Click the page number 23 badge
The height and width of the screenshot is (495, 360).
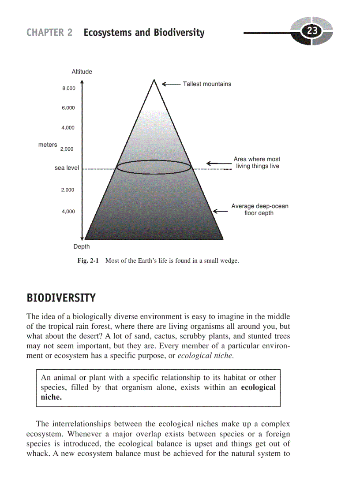pos(312,31)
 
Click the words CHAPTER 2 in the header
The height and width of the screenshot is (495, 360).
pos(49,33)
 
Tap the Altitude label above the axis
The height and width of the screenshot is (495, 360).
pos(82,71)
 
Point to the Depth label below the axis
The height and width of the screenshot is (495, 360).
pos(81,246)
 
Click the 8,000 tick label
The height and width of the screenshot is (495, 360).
pos(68,88)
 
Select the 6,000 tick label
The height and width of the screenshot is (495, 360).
pos(68,108)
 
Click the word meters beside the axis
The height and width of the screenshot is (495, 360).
pos(48,145)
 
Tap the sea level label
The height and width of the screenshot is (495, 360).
pos(67,168)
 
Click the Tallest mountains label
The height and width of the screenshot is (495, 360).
pos(207,84)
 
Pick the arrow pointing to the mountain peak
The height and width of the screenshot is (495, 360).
pos(171,84)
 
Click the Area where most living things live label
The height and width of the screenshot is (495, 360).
pos(257,163)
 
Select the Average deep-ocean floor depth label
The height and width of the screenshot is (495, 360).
pos(259,209)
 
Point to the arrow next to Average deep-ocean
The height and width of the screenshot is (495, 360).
pos(220,211)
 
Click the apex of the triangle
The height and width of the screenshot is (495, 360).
pos(154,80)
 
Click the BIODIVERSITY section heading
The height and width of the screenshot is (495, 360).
pos(61,298)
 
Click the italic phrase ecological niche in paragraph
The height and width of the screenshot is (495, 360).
pos(205,355)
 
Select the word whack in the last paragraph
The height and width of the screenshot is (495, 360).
pos(37,453)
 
